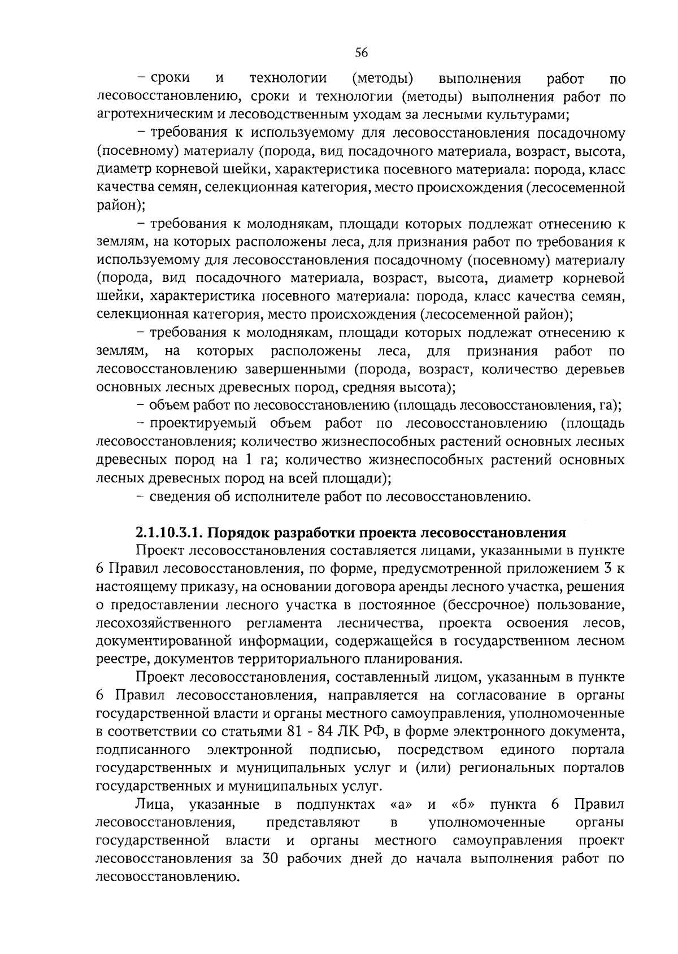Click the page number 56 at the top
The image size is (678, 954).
362,53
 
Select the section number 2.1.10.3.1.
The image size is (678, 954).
172,533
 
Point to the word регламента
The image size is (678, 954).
284,623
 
